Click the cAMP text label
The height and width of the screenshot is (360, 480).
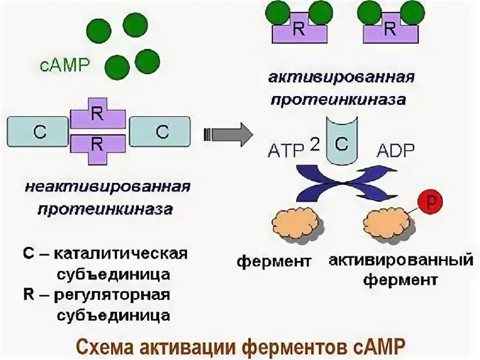(x=65, y=65)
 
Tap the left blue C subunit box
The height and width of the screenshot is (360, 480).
(x=39, y=131)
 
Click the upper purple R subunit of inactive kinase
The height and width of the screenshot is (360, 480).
(x=98, y=116)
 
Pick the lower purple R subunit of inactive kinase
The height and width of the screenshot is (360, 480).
(x=98, y=144)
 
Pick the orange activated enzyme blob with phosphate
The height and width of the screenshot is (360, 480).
(x=387, y=223)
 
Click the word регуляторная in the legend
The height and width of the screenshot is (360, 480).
(x=113, y=295)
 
